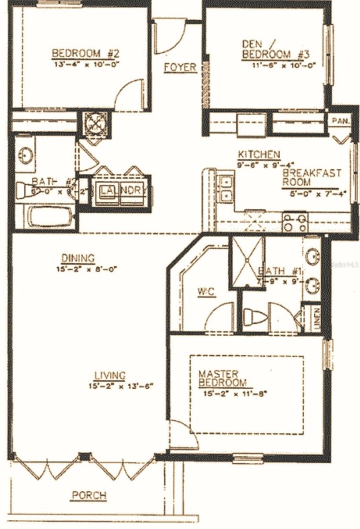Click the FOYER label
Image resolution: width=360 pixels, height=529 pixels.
(x=180, y=67)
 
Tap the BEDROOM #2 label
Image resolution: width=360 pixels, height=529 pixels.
(x=85, y=54)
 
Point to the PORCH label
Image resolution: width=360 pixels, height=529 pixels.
(x=89, y=495)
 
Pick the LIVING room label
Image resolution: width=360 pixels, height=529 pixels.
(x=110, y=376)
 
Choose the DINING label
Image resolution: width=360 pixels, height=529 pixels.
(x=78, y=258)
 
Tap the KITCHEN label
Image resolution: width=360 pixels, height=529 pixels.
(x=259, y=155)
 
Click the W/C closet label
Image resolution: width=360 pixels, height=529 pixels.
(x=206, y=292)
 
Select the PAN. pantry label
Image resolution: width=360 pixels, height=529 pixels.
(x=340, y=120)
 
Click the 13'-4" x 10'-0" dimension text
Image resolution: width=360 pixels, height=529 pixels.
(x=86, y=64)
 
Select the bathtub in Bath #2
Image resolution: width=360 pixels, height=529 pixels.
(x=50, y=217)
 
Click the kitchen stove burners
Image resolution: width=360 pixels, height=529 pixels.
(x=295, y=222)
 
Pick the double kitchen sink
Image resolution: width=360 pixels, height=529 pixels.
(x=226, y=188)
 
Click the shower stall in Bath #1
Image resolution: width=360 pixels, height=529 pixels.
(x=248, y=263)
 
